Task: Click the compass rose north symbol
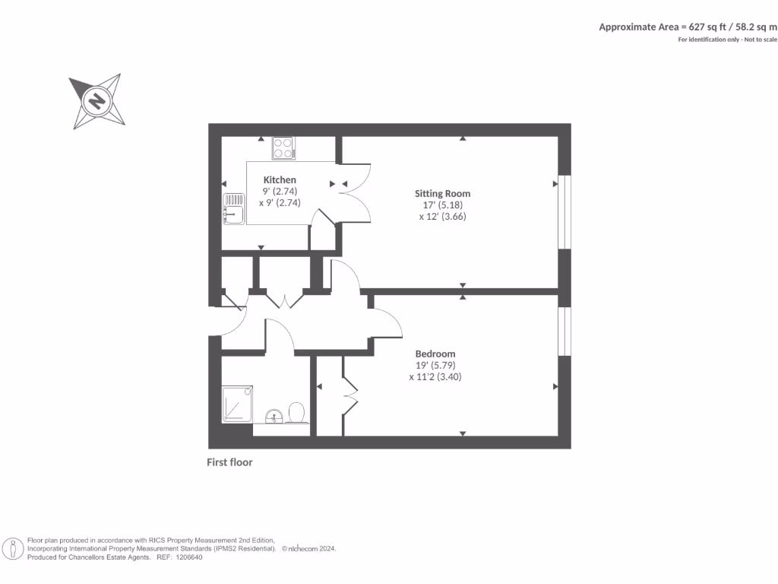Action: coord(96,100)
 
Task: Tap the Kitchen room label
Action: coord(280,180)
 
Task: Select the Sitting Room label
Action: coord(442,193)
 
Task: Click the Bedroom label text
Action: coord(435,354)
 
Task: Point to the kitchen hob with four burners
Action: coord(283,148)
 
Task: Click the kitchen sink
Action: coord(233,209)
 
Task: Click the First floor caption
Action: coord(229,462)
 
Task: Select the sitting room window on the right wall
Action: coord(564,212)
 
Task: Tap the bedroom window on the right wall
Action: coord(564,331)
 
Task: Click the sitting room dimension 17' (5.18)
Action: coord(442,205)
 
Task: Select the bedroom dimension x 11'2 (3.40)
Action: coord(435,376)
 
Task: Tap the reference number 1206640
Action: coord(189,557)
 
